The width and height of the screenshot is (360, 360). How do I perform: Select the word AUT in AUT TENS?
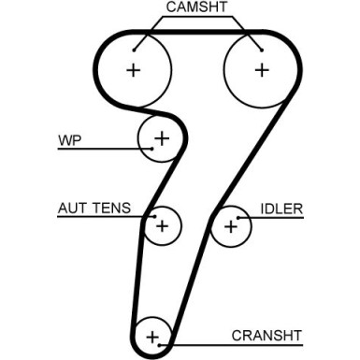point(72,209)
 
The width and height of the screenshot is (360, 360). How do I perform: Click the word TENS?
point(111,209)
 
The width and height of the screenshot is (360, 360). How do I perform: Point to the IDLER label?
point(281,209)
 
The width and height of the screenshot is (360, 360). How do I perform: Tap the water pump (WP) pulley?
point(158,138)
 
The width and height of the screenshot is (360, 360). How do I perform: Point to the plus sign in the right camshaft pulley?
point(261,68)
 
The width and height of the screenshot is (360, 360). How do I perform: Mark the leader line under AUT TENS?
point(103,219)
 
